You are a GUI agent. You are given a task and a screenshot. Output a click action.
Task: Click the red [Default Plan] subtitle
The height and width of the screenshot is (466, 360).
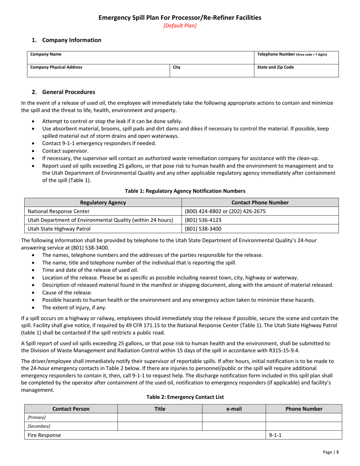(x=180, y=26)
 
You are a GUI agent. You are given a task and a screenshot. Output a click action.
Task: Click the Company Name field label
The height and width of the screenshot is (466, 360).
(x=46, y=55)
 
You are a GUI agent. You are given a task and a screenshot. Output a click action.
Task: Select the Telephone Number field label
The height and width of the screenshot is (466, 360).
(x=292, y=54)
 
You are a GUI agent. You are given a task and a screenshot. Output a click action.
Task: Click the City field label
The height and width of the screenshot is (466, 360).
(x=177, y=67)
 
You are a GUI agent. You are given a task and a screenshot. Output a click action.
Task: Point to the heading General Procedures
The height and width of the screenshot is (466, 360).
(x=69, y=92)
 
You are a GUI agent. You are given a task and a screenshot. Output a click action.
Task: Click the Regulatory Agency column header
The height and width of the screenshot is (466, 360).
(x=103, y=203)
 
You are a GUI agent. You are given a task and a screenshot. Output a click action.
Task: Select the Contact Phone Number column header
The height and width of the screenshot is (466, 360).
(x=260, y=203)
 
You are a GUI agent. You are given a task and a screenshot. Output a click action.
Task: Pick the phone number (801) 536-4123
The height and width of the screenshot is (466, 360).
(x=203, y=220)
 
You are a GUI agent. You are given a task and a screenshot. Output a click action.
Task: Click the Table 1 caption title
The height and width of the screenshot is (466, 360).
(x=180, y=191)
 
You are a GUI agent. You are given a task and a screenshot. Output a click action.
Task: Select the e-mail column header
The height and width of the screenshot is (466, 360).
(x=234, y=409)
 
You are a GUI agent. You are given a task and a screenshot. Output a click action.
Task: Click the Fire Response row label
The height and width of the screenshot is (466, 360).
(x=44, y=435)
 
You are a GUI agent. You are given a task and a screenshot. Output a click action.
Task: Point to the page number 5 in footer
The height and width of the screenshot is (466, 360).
(x=337, y=452)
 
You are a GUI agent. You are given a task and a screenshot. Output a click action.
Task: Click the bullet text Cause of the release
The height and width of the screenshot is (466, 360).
(x=67, y=292)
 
